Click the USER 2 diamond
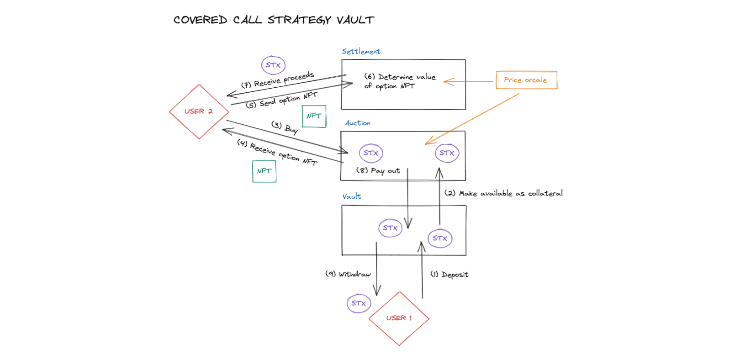pos(199,111)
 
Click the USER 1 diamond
pos(399,318)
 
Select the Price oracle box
pos(526,80)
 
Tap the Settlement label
pos(361,52)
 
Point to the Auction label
pos(357,123)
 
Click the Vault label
pos(351,196)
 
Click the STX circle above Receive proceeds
pos(273,65)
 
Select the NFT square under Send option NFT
pos(314,116)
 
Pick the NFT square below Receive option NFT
pos(264,171)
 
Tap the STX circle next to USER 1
pos(359,303)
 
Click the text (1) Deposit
pos(449,275)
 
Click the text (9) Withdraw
pos(348,274)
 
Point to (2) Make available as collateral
pos(503,193)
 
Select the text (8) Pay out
pos(378,170)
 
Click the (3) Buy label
pos(285,127)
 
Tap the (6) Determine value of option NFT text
pos(399,81)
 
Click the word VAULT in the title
pos(355,20)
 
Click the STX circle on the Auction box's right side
pos(447,153)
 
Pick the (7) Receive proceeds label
pos(277,80)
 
